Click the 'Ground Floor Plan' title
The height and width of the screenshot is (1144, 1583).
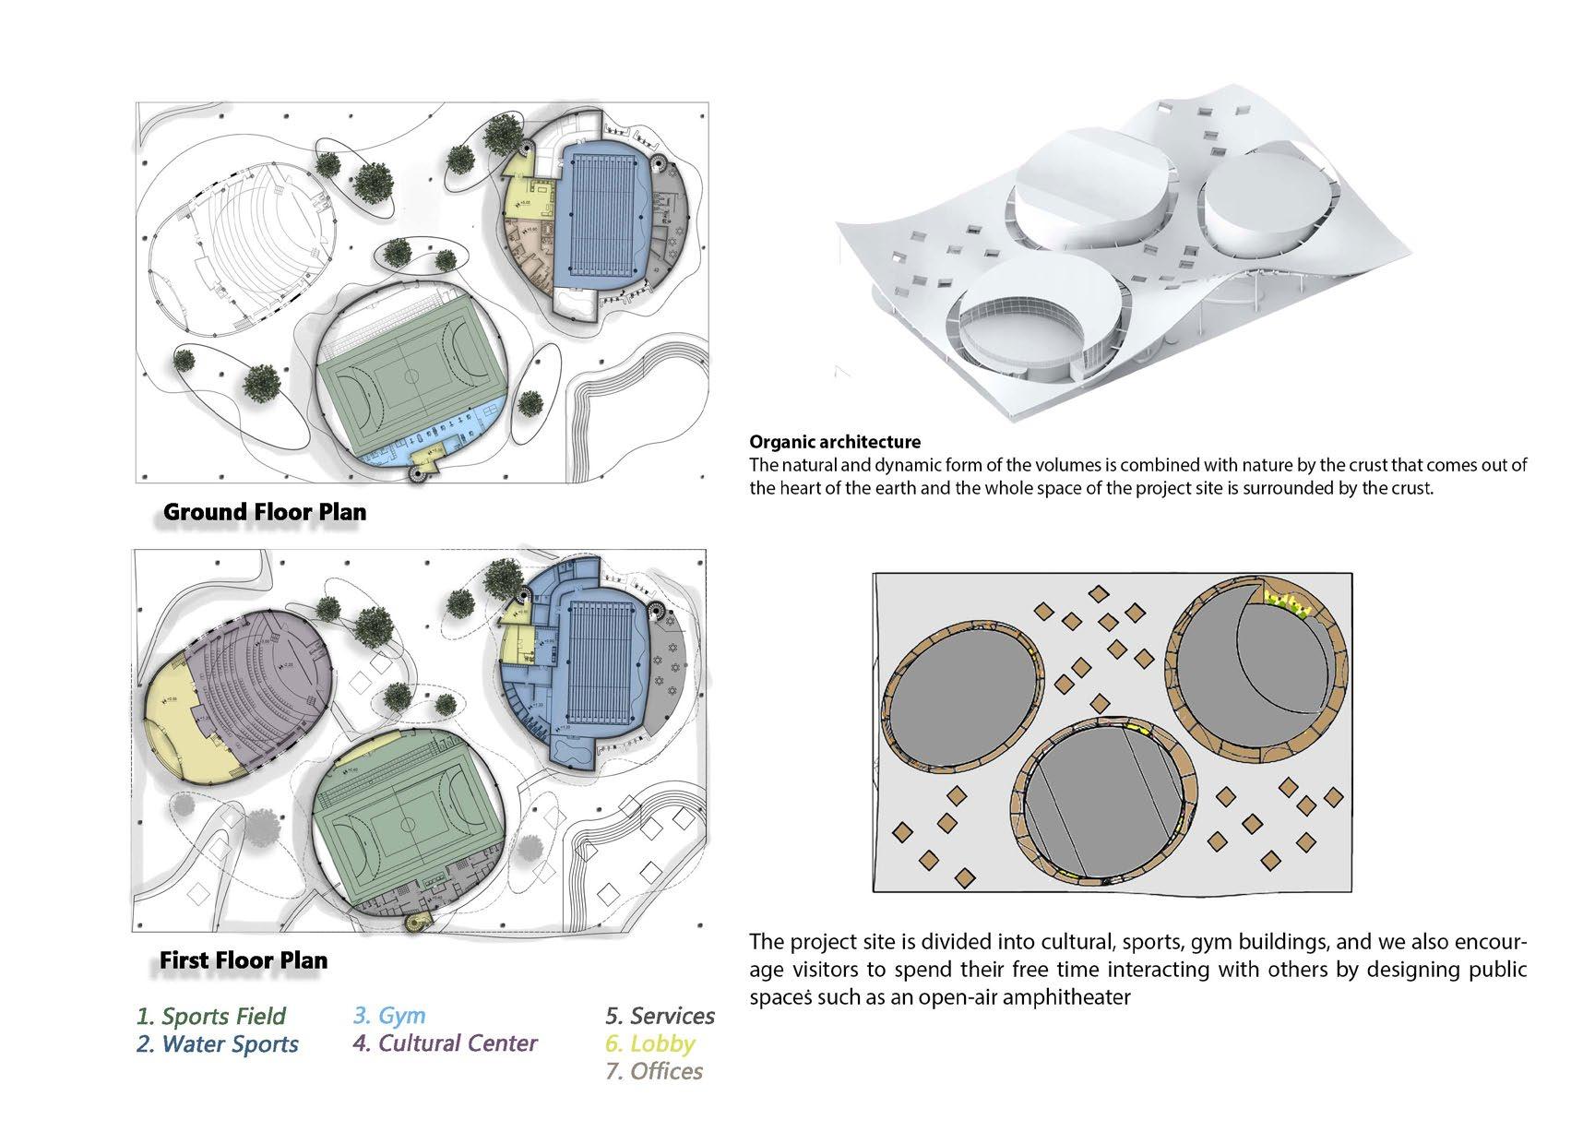pyautogui.click(x=265, y=512)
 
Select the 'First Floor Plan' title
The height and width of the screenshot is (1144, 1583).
pyautogui.click(x=244, y=960)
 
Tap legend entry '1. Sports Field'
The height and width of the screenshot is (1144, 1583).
pyautogui.click(x=211, y=1016)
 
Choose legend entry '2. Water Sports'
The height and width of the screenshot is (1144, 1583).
pyautogui.click(x=218, y=1044)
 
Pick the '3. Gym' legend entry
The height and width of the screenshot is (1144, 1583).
pyautogui.click(x=389, y=1016)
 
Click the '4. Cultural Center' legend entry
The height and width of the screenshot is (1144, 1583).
pyautogui.click(x=445, y=1043)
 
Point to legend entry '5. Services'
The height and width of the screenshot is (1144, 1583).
pyautogui.click(x=660, y=1016)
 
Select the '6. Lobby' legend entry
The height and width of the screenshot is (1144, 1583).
pyautogui.click(x=650, y=1043)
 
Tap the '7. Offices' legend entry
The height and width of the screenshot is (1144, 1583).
pyautogui.click(x=654, y=1072)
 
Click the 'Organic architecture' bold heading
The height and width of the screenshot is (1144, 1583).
pyautogui.click(x=835, y=442)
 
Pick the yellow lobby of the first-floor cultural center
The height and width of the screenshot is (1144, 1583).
pyautogui.click(x=184, y=729)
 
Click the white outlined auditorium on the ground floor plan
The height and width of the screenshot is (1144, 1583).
pyautogui.click(x=240, y=240)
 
